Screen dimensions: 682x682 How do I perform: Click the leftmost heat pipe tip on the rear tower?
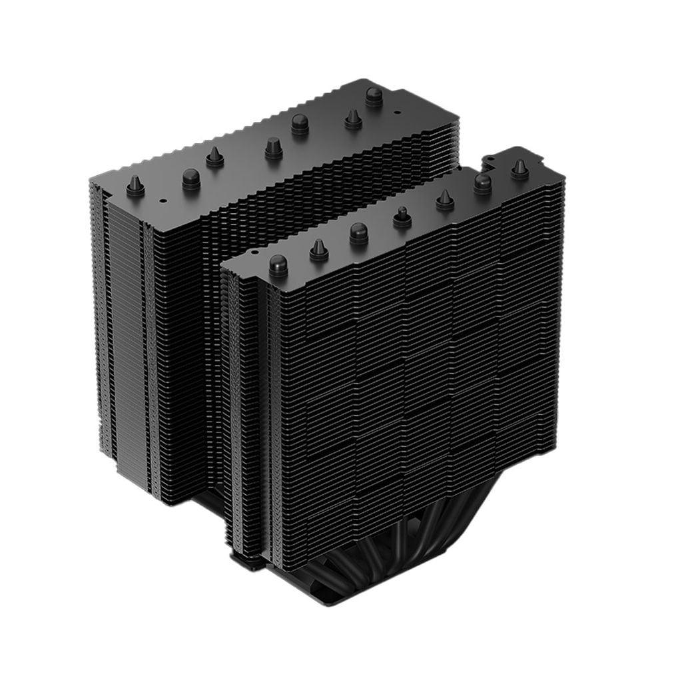coord(135,186)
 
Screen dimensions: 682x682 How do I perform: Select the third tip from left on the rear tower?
coord(214,157)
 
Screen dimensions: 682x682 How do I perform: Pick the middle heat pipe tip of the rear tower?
coord(273,148)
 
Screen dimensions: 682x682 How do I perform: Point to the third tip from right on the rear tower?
coord(300,124)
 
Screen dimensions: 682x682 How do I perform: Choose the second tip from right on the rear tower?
coord(352,119)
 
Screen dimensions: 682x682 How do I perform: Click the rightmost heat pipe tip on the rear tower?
coord(374,97)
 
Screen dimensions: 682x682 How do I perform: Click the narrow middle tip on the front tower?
coord(402,217)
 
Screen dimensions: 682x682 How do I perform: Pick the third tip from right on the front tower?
coord(445,200)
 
